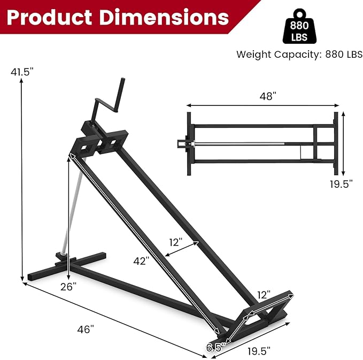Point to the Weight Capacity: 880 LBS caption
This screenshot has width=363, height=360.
[299, 54]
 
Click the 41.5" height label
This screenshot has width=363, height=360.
[21, 72]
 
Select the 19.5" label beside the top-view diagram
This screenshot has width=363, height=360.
[341, 184]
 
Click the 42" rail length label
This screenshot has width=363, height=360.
[141, 261]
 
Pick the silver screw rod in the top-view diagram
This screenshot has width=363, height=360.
[235, 143]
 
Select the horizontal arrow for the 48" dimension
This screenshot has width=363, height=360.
[261, 106]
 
